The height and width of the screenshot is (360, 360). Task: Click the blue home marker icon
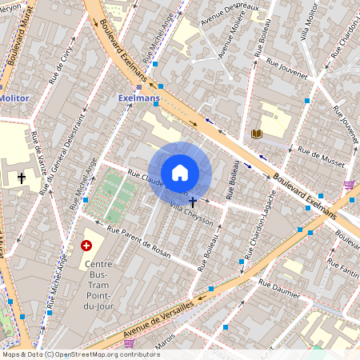(180, 173)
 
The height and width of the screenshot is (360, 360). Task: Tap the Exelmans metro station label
(138, 98)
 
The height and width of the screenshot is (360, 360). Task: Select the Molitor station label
(14, 98)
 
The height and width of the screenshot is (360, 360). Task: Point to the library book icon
(257, 134)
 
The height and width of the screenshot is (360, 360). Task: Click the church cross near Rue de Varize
(22, 177)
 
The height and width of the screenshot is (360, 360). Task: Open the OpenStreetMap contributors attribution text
(80, 354)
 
